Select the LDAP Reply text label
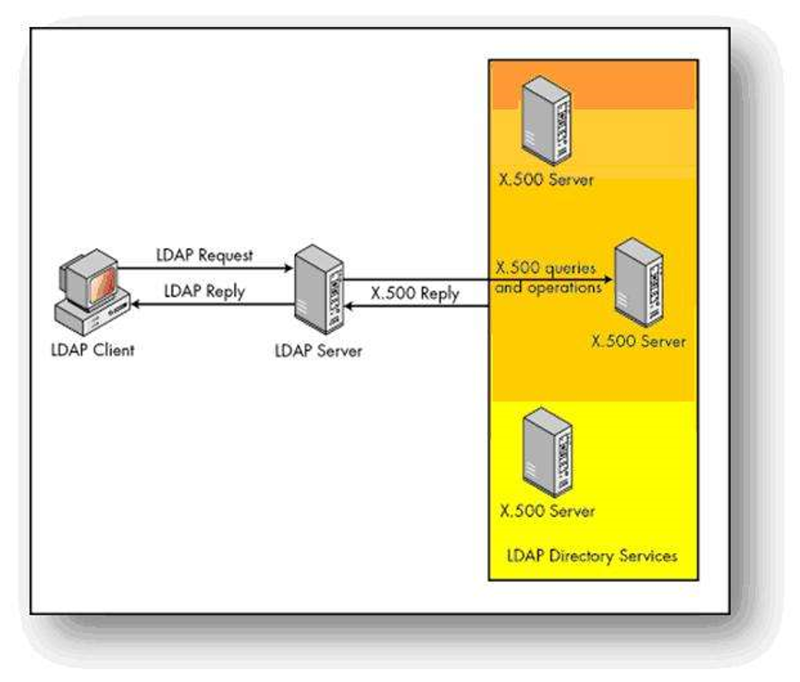204,291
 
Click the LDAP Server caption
318,351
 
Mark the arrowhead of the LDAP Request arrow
288,269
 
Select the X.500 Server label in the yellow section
547,510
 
